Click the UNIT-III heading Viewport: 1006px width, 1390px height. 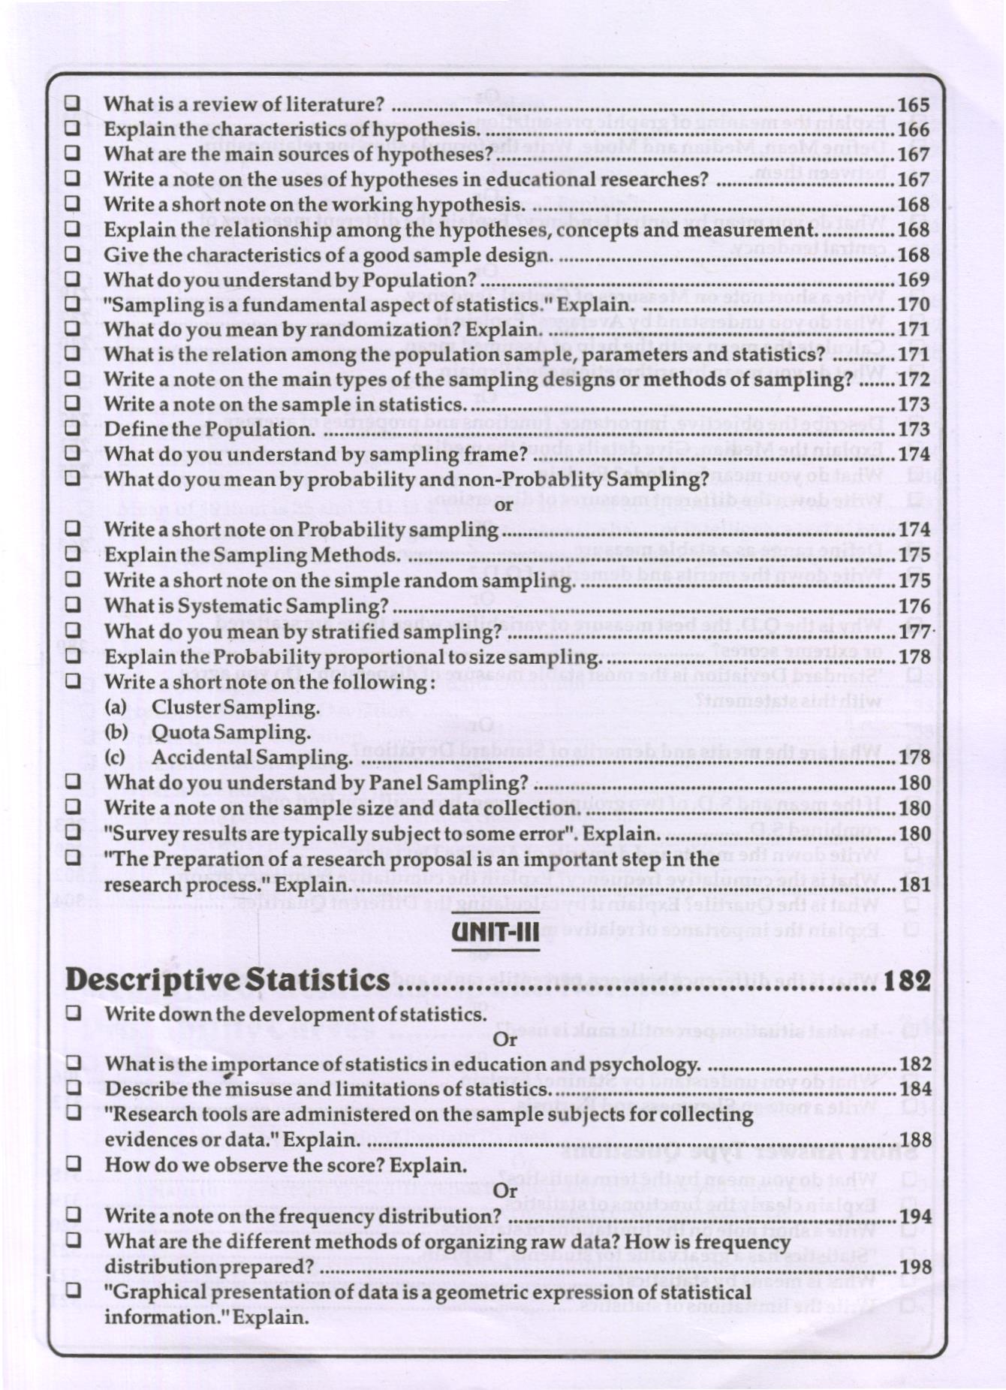[x=495, y=934]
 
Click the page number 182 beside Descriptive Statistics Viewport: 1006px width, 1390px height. [x=907, y=981]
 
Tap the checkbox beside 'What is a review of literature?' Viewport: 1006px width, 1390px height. [x=72, y=104]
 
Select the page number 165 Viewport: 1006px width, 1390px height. [x=913, y=105]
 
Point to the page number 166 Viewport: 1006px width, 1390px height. [x=913, y=130]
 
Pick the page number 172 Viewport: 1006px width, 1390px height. [x=913, y=380]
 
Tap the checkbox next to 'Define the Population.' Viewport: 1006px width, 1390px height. [x=72, y=429]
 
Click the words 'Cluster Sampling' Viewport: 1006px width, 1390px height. [x=235, y=707]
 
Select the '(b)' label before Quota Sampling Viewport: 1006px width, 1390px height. [x=116, y=732]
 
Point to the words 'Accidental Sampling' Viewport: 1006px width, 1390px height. [x=251, y=758]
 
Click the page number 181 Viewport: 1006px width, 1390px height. [x=914, y=885]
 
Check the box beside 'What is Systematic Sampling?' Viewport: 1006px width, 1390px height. [x=72, y=605]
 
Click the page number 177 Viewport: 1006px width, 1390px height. [x=914, y=632]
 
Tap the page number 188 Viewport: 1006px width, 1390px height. [x=914, y=1140]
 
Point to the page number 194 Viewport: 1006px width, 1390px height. [x=914, y=1217]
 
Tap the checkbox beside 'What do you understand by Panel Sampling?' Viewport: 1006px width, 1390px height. [x=72, y=782]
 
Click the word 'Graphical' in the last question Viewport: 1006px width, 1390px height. [x=158, y=1292]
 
